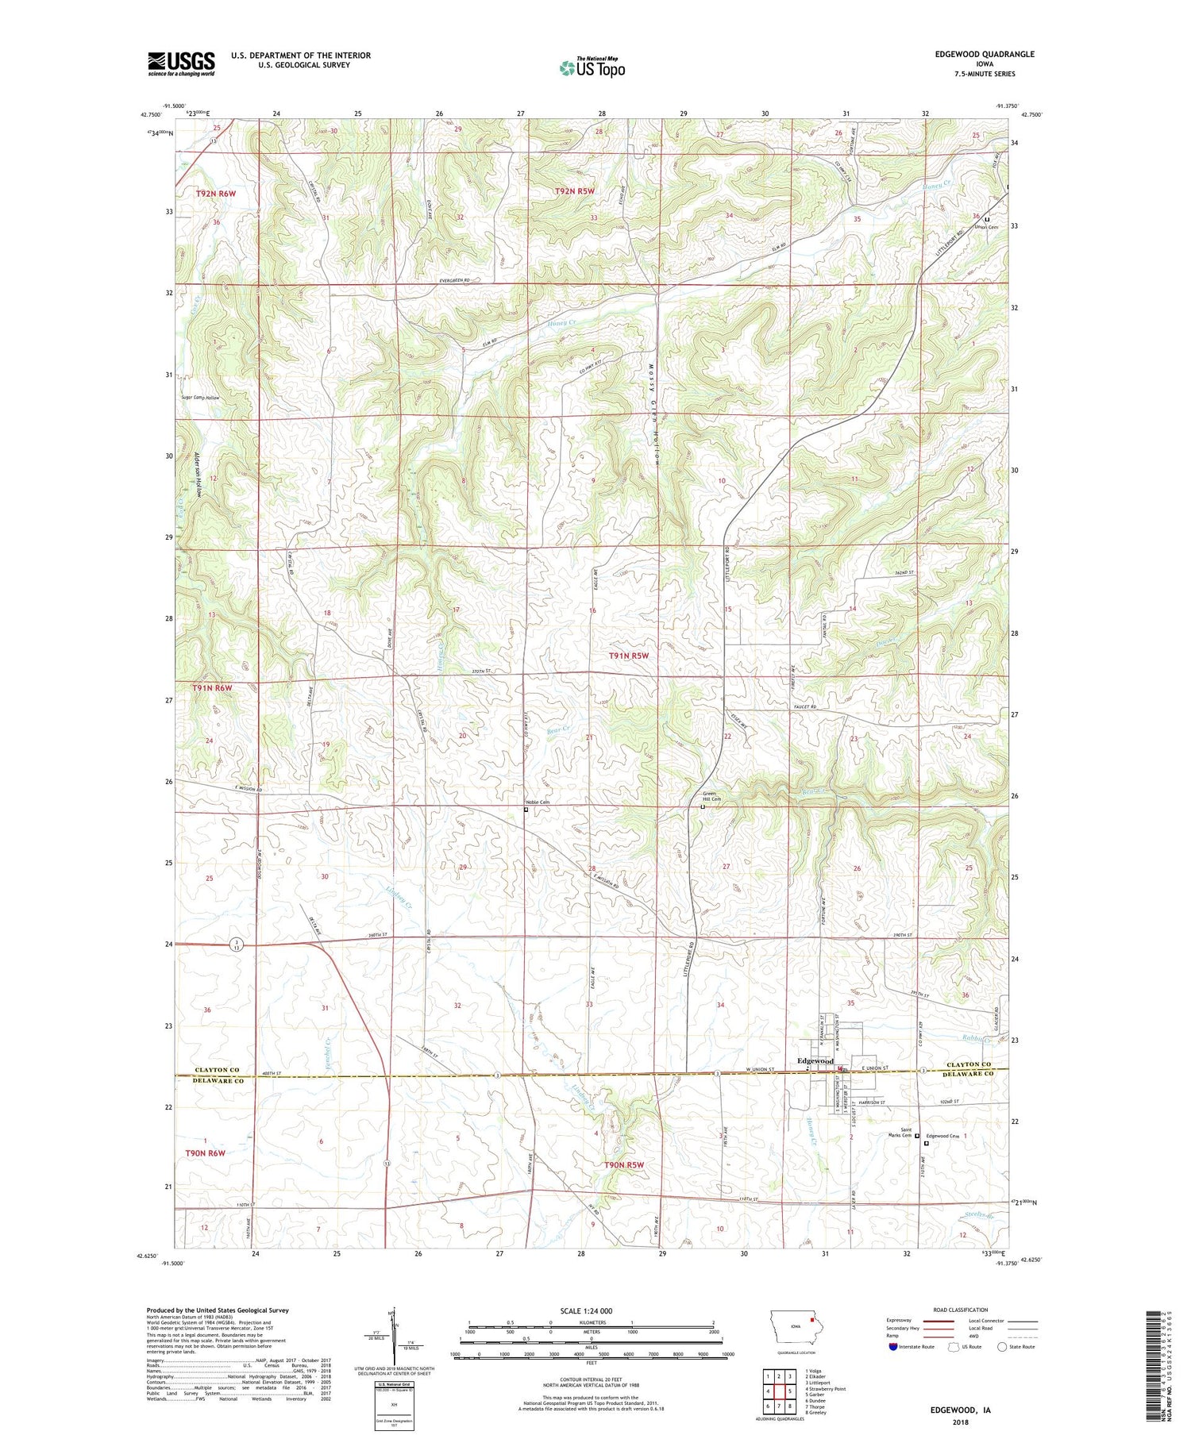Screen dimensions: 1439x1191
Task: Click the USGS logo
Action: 181,63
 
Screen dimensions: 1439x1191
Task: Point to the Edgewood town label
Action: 815,1060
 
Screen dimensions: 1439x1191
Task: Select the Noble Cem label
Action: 538,802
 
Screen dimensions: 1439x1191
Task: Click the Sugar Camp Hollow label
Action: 200,397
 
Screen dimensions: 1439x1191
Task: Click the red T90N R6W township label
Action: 206,1152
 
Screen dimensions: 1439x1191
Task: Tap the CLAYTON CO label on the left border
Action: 217,1069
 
